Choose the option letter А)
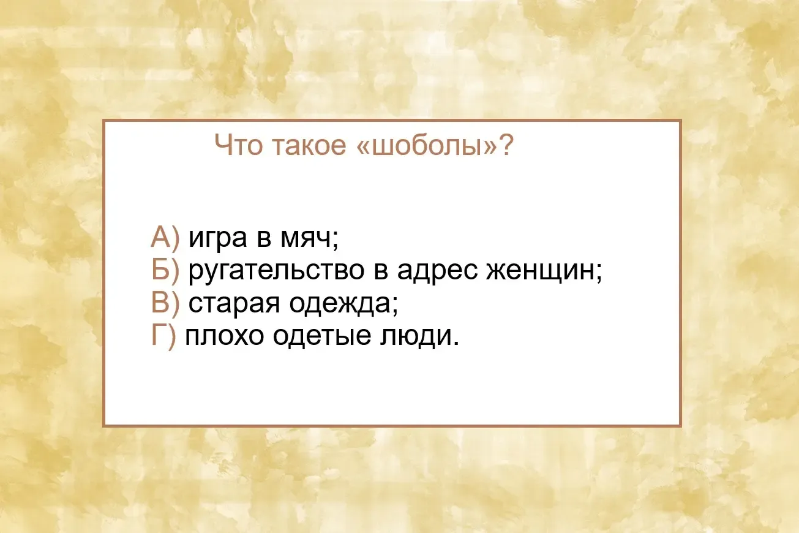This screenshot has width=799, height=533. tap(165, 238)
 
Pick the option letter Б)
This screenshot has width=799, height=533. tap(165, 270)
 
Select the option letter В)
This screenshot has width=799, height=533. tap(165, 303)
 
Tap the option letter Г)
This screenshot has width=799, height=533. tap(163, 336)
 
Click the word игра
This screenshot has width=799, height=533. tap(217, 240)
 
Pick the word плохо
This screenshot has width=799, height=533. tap(224, 337)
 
